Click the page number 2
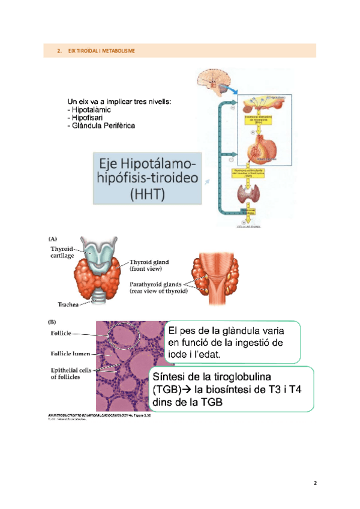coord(314,482)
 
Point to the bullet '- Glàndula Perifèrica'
coord(101,125)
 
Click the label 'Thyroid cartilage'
coord(62,252)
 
